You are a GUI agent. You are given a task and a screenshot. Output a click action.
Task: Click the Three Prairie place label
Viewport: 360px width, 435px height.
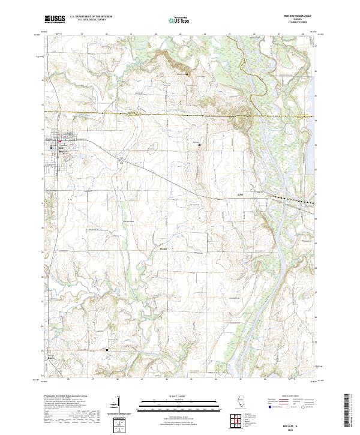coord(111,220)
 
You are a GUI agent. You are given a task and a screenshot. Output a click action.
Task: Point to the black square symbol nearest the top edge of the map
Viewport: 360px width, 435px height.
coord(187,73)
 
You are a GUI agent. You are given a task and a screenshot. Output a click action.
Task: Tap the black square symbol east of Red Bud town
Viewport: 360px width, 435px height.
coord(199,144)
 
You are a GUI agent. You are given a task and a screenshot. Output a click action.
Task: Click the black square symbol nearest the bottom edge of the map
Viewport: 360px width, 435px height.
coord(107,350)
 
